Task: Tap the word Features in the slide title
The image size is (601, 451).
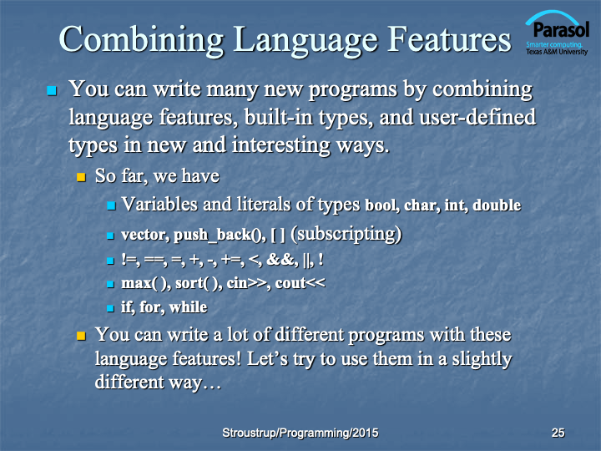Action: [x=449, y=38]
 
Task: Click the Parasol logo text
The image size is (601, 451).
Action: [x=561, y=29]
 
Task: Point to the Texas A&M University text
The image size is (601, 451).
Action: [x=557, y=52]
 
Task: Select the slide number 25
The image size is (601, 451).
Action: [x=558, y=433]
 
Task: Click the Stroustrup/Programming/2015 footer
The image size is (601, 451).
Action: [x=300, y=433]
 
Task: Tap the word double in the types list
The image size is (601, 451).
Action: [x=497, y=205]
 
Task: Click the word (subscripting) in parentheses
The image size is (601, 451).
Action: [x=346, y=235]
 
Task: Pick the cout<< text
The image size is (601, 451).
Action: [x=300, y=283]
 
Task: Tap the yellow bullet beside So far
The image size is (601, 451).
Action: [x=81, y=177]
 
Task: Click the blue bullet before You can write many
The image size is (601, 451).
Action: [x=52, y=90]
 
